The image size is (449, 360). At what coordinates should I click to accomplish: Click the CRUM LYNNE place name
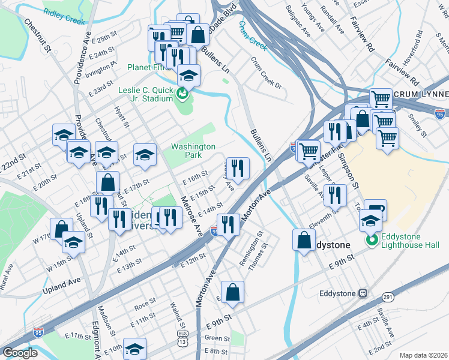point(421,95)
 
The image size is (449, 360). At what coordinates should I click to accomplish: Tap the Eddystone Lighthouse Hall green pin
point(372,241)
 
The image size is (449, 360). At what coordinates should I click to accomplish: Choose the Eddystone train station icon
point(363,293)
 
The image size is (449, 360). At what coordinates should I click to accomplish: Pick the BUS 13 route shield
point(182,338)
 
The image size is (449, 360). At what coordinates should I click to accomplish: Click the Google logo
point(20,353)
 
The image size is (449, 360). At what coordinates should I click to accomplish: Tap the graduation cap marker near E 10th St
point(135,347)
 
